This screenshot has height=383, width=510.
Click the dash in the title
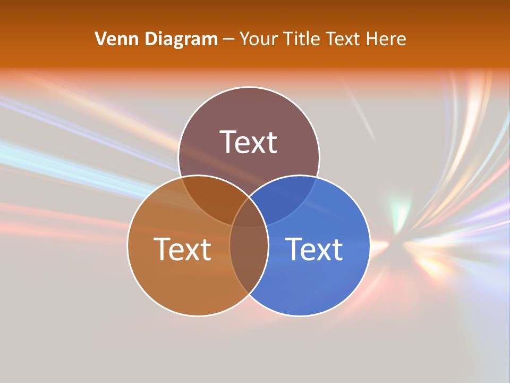coord(228,39)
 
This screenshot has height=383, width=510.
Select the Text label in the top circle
coord(249,142)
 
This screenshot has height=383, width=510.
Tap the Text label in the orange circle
coord(182,249)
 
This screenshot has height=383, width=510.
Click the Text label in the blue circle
coord(314,249)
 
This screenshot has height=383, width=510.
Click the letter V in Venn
coord(100,39)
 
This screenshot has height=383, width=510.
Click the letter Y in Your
coord(244,39)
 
